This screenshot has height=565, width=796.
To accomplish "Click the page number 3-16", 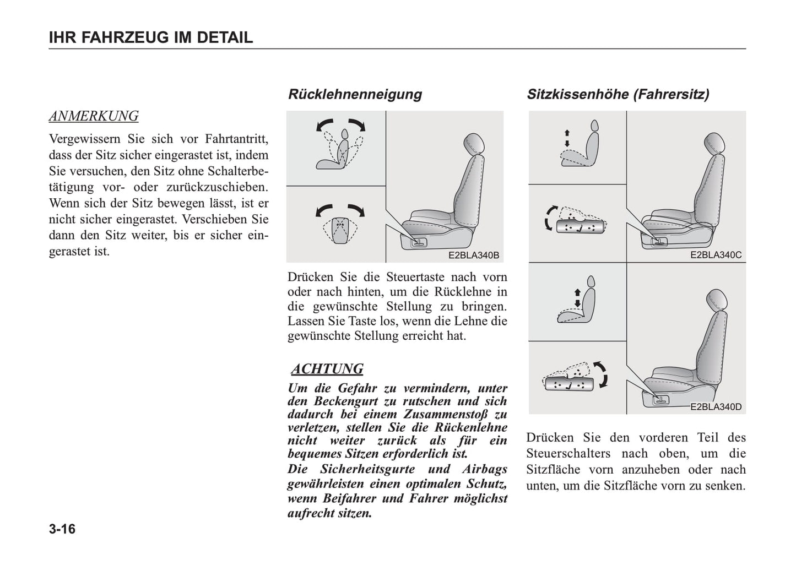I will coord(62,530).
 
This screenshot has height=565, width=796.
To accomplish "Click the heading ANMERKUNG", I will coord(94,116).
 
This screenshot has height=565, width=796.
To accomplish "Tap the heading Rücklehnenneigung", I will coord(355,94).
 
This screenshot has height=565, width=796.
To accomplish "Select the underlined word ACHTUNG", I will coord(327,369).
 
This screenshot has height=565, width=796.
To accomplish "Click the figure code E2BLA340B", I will coord(473,256).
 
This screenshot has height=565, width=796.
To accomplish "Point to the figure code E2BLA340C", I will coord(716,256).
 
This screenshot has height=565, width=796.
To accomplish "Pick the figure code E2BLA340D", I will coord(716,408).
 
